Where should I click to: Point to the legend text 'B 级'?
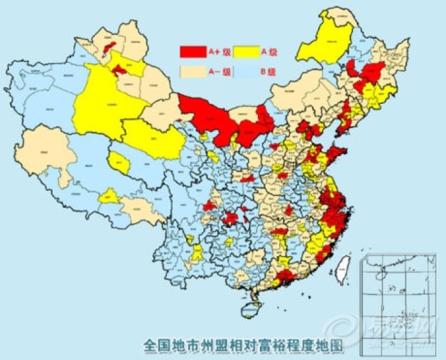(268, 72)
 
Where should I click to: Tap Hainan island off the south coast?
(250, 309)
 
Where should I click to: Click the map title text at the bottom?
(242, 345)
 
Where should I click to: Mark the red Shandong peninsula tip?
(336, 153)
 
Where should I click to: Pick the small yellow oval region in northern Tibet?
(119, 164)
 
